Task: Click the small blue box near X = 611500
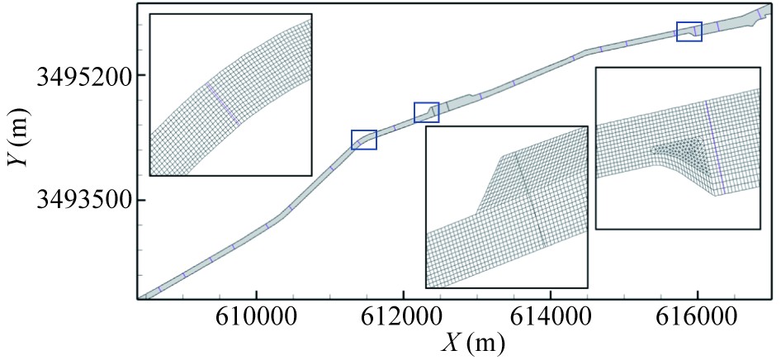click(x=364, y=140)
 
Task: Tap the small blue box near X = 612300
click(x=426, y=112)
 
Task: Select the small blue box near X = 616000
click(x=689, y=31)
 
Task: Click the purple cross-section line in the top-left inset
click(x=223, y=104)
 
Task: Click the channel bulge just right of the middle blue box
click(x=469, y=99)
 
